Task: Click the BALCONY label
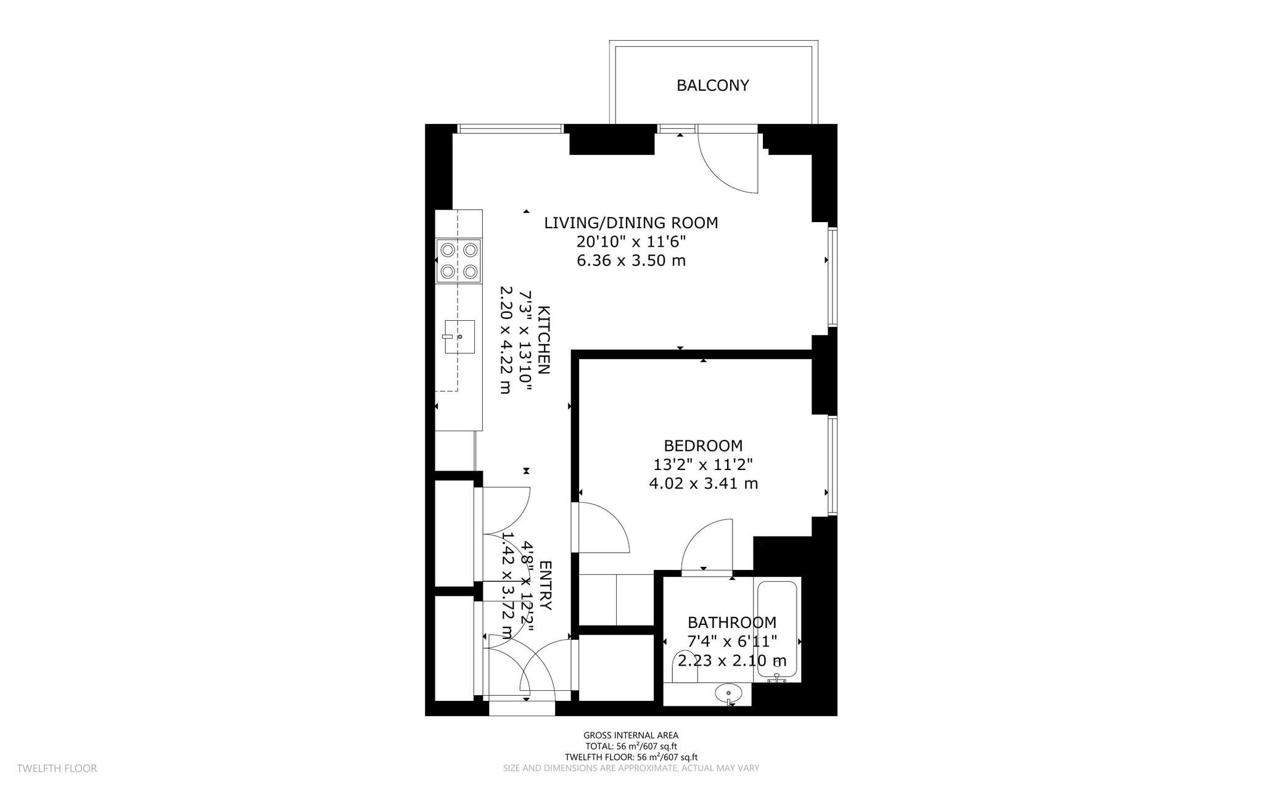[x=713, y=85]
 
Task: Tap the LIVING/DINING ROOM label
[x=631, y=223]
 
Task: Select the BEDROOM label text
[x=703, y=445]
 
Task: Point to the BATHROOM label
[x=732, y=622]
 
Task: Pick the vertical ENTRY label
[x=546, y=585]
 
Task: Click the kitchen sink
[x=459, y=337]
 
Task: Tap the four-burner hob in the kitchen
[x=459, y=261]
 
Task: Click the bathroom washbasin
[x=729, y=694]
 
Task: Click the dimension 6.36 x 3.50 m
[x=631, y=260]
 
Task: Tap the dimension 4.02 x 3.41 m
[x=703, y=484]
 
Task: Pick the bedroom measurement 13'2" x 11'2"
[x=703, y=464]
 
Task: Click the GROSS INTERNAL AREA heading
[x=631, y=735]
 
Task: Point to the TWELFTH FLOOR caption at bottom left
[x=57, y=769]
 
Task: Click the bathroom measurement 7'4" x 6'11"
[x=732, y=642]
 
